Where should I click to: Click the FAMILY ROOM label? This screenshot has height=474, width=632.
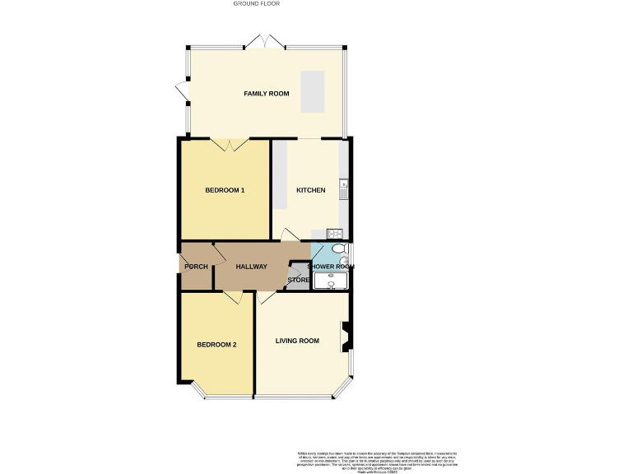click(266, 94)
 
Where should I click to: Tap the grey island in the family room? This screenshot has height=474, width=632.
click(312, 91)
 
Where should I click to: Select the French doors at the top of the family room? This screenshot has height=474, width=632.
click(265, 41)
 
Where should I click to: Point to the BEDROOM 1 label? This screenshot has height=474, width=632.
click(225, 190)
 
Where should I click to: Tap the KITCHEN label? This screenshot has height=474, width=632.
click(311, 190)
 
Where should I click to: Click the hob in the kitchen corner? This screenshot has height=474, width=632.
click(334, 233)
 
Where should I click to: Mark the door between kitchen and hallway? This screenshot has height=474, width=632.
click(289, 235)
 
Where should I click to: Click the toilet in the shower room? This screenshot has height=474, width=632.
click(339, 249)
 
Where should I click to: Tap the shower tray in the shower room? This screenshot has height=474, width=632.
click(331, 281)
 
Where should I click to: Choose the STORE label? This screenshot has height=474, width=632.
click(298, 281)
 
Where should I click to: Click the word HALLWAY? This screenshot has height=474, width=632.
click(251, 267)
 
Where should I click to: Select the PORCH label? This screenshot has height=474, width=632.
click(196, 267)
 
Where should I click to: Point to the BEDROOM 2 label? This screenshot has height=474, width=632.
click(216, 345)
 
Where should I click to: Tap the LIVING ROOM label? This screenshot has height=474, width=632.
click(297, 341)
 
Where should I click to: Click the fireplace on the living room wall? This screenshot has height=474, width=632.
click(346, 335)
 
